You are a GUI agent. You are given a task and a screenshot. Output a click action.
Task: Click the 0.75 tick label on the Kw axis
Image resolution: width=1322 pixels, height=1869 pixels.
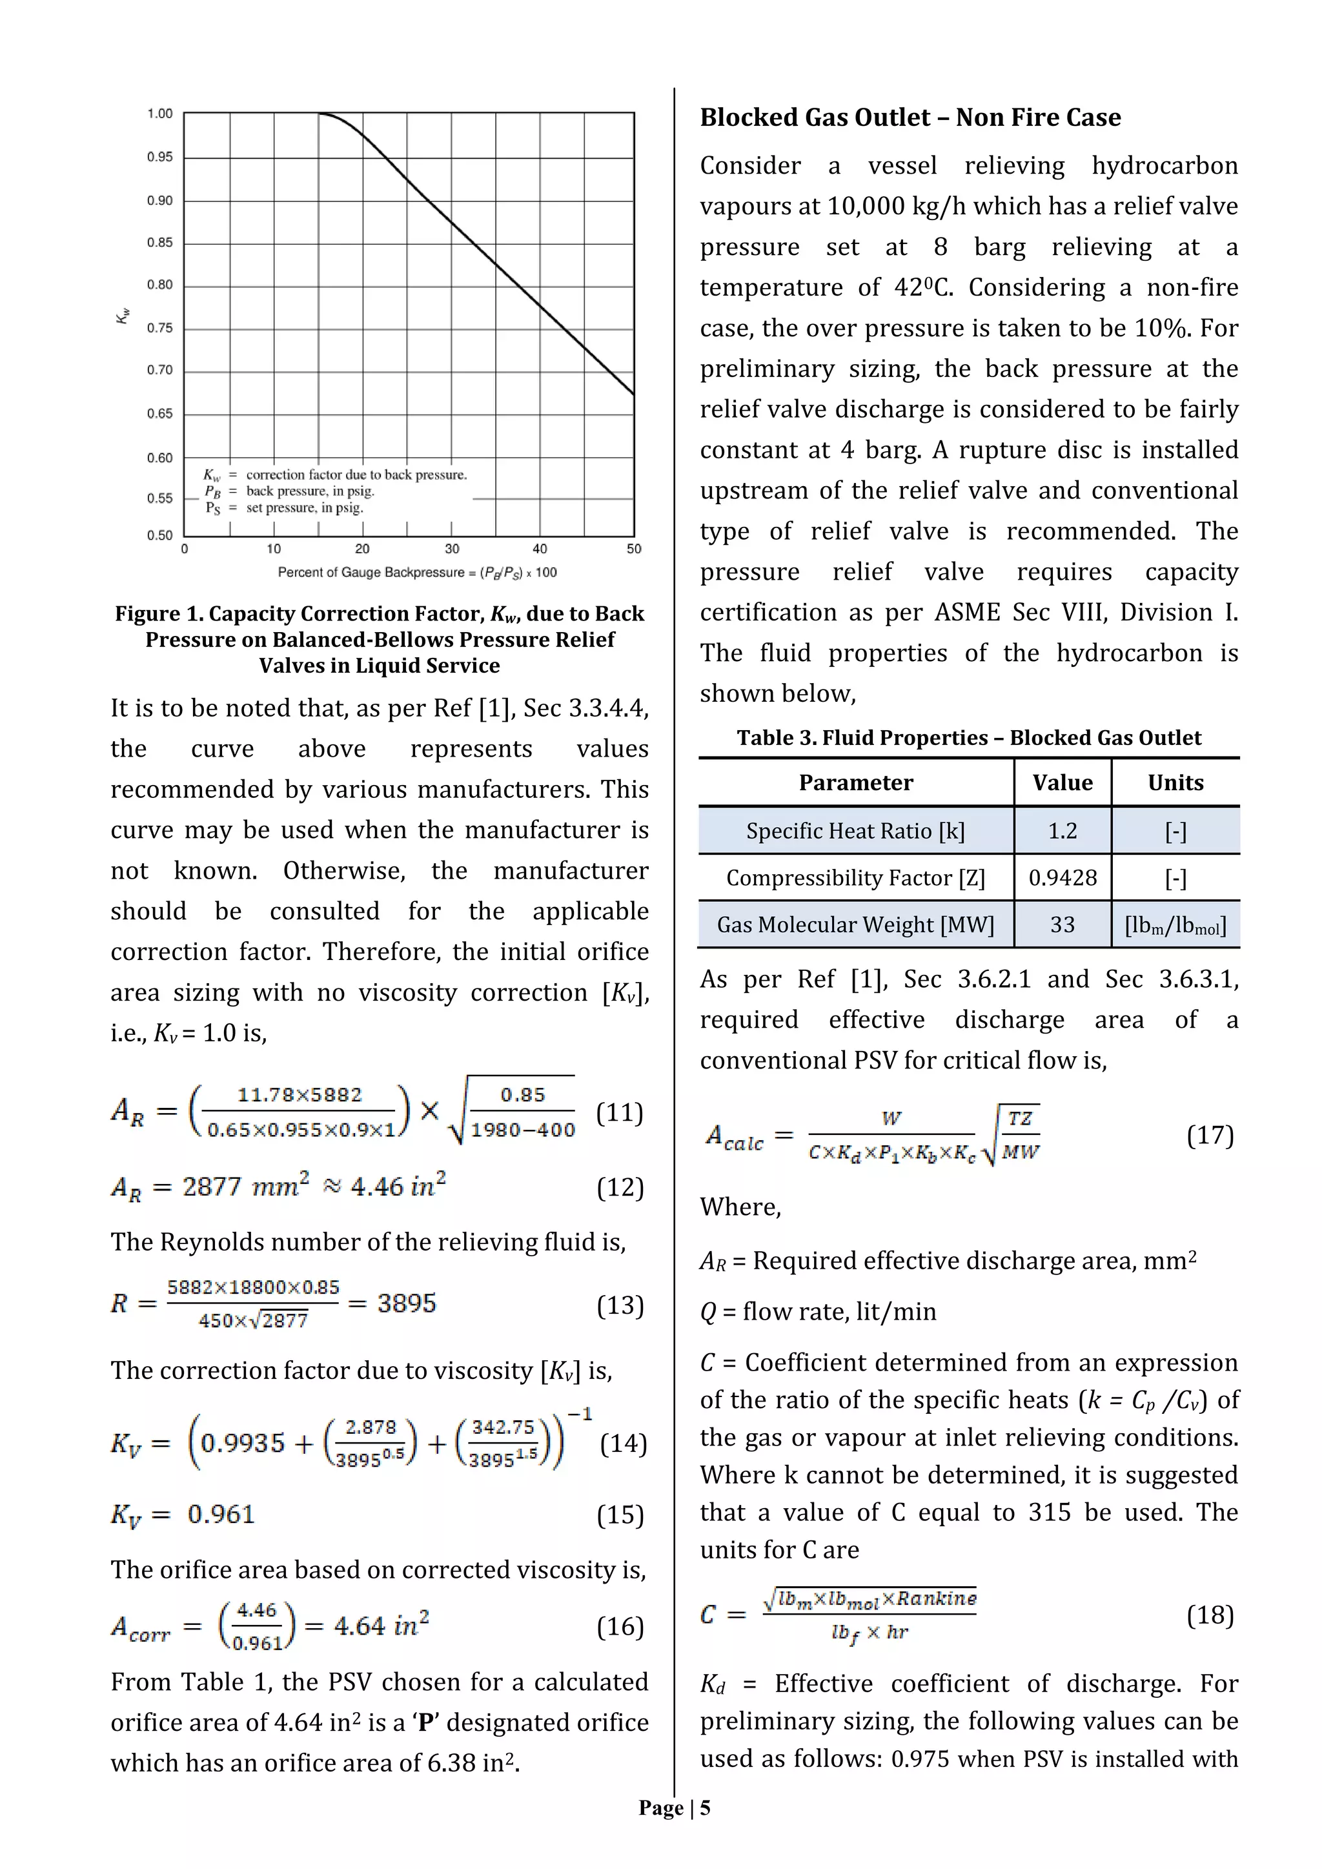159,328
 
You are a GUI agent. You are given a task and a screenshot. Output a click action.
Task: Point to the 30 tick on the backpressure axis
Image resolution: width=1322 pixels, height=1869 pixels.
452,549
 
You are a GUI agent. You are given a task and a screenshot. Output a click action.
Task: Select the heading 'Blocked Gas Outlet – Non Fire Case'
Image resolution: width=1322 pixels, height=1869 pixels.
910,117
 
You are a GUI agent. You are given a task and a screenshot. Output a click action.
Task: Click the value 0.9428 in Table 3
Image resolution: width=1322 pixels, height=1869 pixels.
1063,877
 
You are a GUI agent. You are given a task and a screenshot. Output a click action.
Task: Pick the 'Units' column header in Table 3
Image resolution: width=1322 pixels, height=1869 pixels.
1175,782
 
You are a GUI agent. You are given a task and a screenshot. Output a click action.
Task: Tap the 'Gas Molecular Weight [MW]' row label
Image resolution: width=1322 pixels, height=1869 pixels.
855,924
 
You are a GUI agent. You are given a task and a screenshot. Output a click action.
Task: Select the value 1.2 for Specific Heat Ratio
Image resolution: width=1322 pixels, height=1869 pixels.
1063,830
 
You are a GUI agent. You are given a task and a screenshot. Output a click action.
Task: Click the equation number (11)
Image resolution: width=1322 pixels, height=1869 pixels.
620,1112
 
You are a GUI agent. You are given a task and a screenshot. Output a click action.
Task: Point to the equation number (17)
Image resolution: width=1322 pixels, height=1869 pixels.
1210,1135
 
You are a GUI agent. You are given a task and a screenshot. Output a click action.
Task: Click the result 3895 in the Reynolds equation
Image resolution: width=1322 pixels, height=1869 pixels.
406,1303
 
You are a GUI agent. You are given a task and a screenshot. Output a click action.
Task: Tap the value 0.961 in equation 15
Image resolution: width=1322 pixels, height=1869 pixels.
221,1514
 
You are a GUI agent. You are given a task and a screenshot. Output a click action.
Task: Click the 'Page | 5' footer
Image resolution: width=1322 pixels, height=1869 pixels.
674,1808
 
